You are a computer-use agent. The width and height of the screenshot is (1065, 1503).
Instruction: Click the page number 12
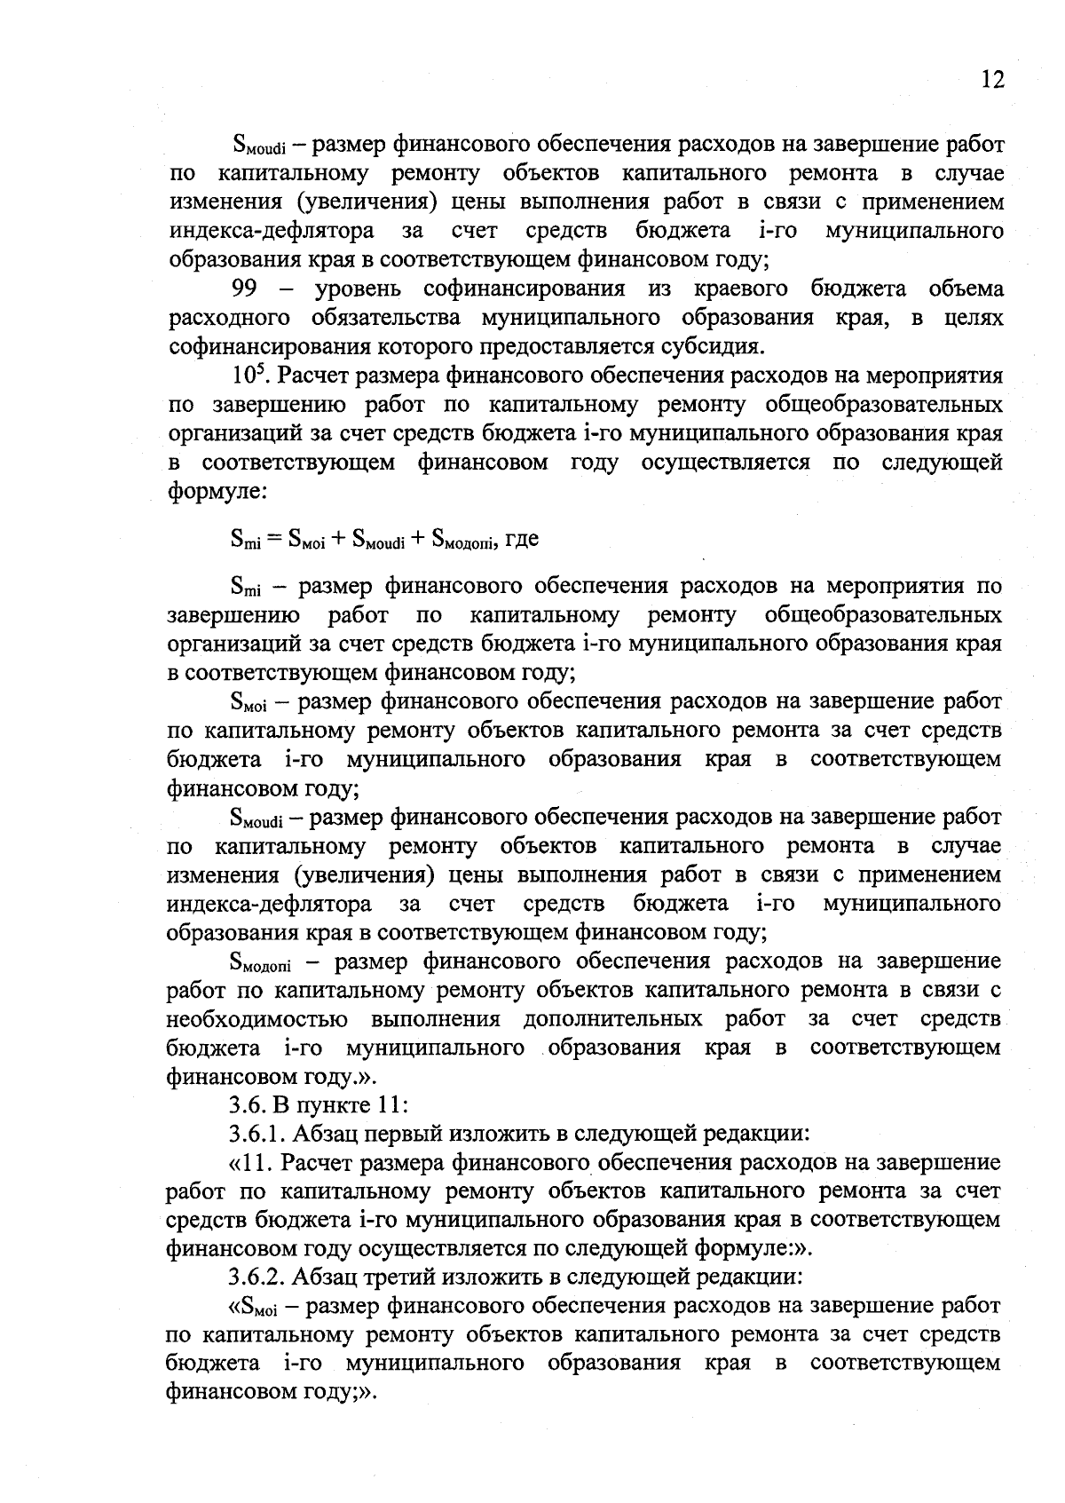pos(992,80)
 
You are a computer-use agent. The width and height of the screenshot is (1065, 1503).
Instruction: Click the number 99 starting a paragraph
pos(245,289)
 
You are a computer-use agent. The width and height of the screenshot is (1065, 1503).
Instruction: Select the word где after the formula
pos(521,538)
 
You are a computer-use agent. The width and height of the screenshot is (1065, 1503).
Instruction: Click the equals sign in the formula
pos(273,538)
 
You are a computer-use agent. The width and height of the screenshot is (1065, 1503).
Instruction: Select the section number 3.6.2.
pos(256,1278)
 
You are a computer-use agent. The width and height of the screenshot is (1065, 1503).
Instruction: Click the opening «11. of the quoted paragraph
pos(253,1163)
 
